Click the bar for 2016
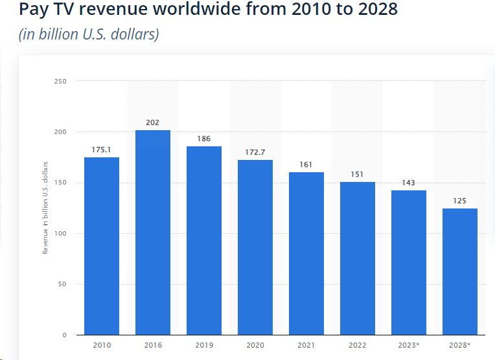tap(153, 232)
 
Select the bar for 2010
tap(102, 246)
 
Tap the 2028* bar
tap(460, 272)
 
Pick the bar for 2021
tap(306, 253)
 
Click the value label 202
tap(153, 122)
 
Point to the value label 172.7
tap(255, 152)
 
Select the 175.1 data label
tap(102, 150)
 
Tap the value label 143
tap(409, 183)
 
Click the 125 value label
tap(460, 201)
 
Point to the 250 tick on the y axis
tap(61, 81)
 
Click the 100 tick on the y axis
tap(61, 233)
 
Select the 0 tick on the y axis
tap(64, 335)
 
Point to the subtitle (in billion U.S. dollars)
tap(89, 34)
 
